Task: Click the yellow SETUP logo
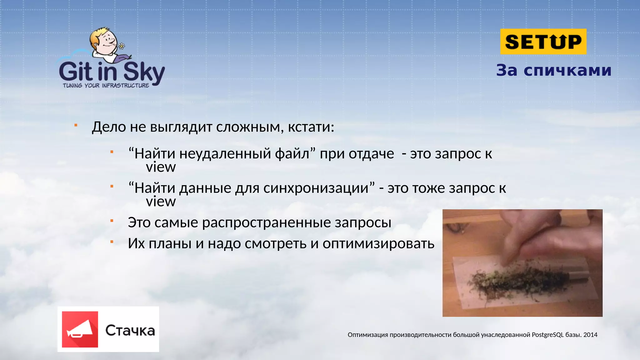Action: coord(543,42)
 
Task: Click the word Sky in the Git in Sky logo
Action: coord(144,72)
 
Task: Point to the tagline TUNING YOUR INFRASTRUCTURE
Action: coord(106,86)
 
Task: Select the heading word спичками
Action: coord(567,70)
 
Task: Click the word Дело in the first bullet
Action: coord(109,127)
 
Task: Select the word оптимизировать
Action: coord(378,243)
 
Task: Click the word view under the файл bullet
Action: coord(161,167)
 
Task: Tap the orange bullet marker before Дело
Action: coord(76,126)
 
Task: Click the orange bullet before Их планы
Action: coord(112,242)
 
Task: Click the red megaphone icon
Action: coord(80,329)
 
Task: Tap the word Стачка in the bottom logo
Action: coord(130,331)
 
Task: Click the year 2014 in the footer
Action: coord(590,335)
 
